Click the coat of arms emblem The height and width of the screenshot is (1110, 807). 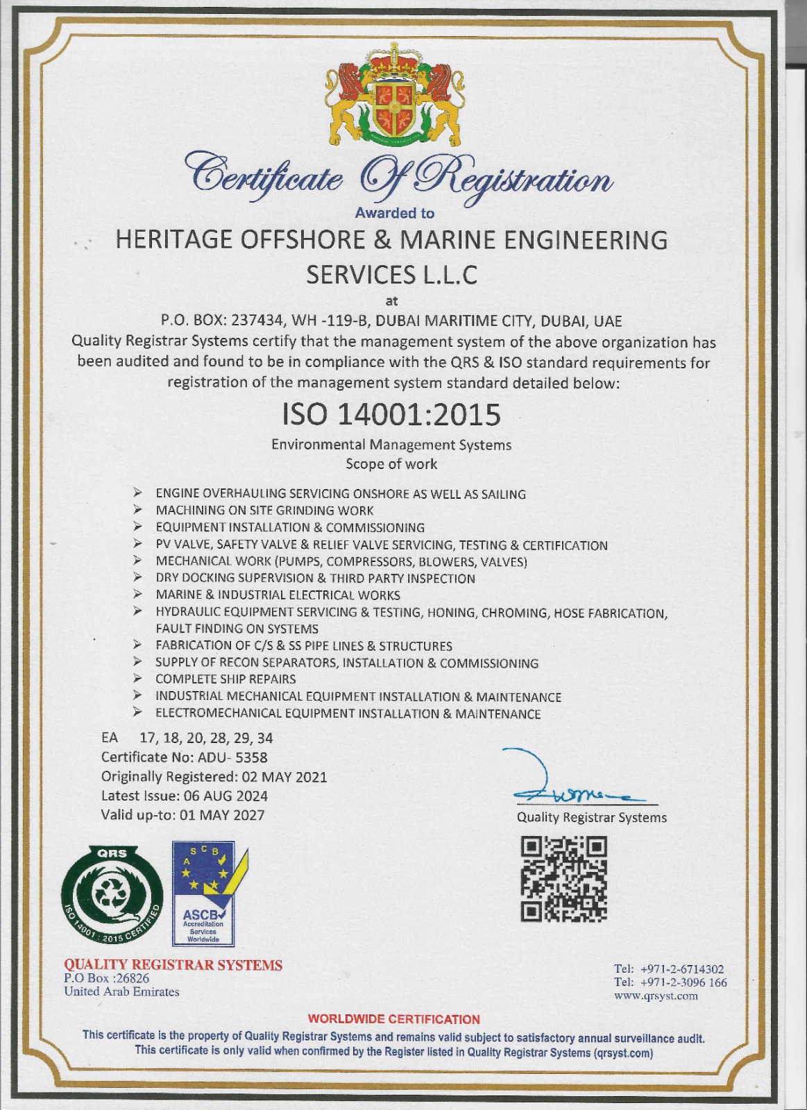[x=394, y=97]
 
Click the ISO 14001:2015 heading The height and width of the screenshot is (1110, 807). [x=391, y=415]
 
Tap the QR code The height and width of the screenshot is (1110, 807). [x=564, y=880]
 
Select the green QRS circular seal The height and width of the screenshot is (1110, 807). [x=111, y=894]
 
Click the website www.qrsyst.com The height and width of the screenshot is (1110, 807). [x=656, y=996]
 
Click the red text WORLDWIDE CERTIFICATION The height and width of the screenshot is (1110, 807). [x=393, y=1019]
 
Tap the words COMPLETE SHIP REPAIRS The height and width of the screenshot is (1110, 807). [x=226, y=679]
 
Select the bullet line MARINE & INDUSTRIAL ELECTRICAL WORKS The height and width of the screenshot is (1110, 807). [x=278, y=595]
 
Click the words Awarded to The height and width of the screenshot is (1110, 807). [x=394, y=214]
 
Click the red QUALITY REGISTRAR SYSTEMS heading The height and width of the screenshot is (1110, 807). [x=173, y=965]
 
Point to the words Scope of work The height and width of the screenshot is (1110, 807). [x=391, y=464]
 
